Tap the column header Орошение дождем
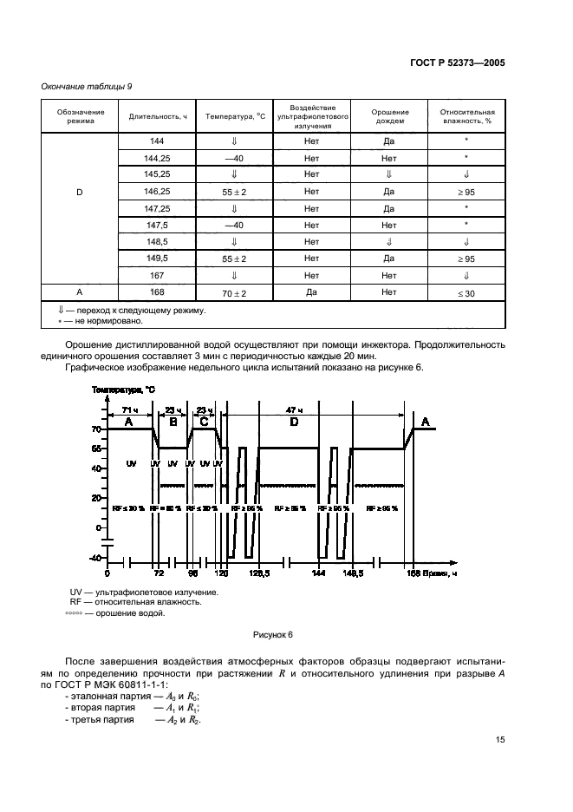[388, 116]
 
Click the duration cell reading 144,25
[158, 158]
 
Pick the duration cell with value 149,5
[158, 259]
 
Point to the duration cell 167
[158, 275]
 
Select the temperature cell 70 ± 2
[234, 293]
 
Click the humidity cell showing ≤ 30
[466, 293]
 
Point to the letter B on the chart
[173, 422]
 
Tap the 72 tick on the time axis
[158, 574]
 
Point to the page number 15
[500, 740]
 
